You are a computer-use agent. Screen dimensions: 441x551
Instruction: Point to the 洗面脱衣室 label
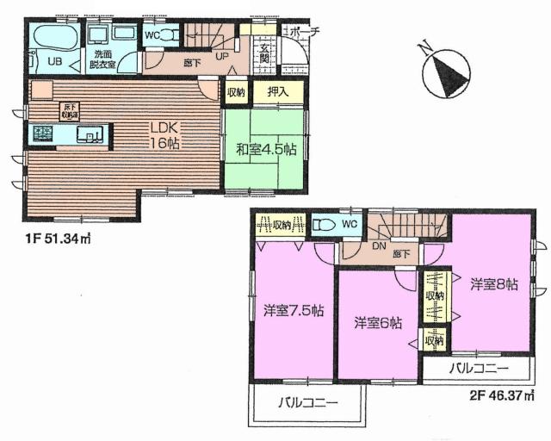click(x=104, y=58)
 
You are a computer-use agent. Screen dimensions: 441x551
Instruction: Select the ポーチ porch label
click(x=302, y=32)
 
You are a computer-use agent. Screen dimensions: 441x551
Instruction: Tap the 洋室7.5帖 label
click(x=293, y=310)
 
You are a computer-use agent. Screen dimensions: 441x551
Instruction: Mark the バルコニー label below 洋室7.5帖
click(x=307, y=402)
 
